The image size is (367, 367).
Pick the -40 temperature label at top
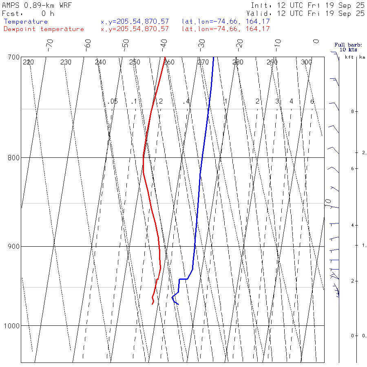click(x=164, y=43)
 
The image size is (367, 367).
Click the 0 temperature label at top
click(x=316, y=42)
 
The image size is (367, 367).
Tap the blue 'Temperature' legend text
click(x=26, y=22)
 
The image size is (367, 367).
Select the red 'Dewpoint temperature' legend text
click(x=44, y=29)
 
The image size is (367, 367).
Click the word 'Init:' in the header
click(x=261, y=5)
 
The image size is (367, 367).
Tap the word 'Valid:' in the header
click(x=263, y=13)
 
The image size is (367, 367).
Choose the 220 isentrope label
click(x=28, y=62)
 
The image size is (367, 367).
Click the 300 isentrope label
click(x=306, y=62)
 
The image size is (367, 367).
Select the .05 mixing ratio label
click(x=113, y=101)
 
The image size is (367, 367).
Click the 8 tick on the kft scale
click(x=346, y=111)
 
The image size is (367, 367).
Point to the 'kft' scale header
click(x=349, y=57)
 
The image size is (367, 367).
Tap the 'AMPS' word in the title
click(x=11, y=5)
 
